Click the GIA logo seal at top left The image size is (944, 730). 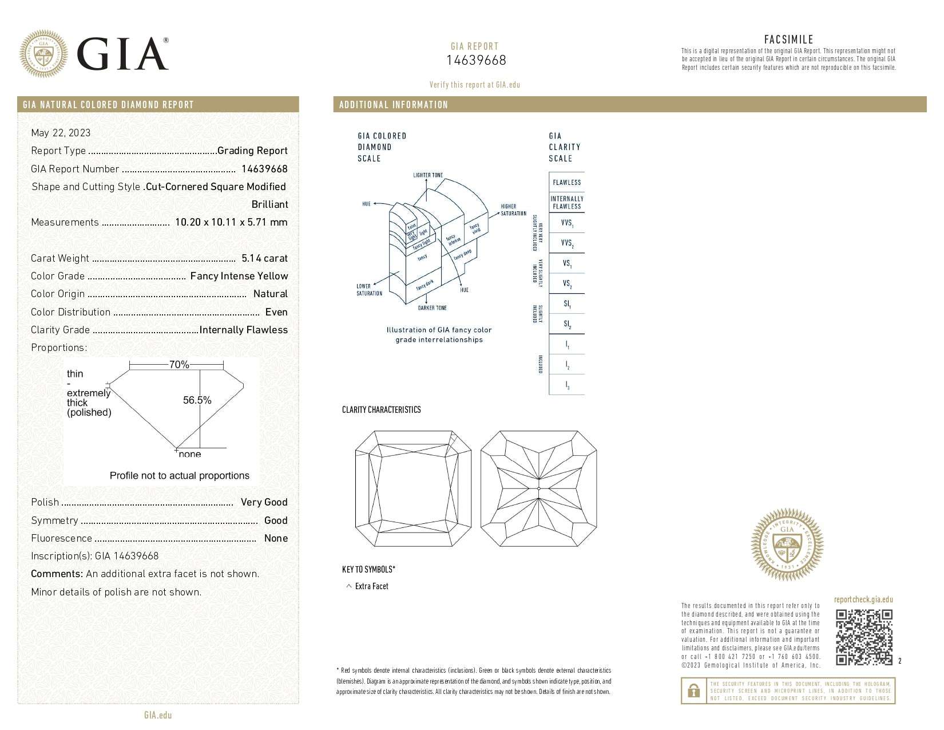point(43,54)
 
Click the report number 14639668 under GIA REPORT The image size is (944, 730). point(476,61)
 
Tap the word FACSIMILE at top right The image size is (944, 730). point(788,40)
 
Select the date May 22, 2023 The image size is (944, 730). point(61,133)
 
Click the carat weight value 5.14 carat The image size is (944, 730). point(264,258)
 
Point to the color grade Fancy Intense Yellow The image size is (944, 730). point(239,276)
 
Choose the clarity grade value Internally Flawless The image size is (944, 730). point(243,330)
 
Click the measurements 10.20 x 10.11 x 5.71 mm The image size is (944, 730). point(231,222)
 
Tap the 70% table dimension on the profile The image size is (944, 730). point(179,365)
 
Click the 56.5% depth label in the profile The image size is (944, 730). point(197,400)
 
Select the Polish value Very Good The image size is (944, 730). point(264,502)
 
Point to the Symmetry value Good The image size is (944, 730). point(276,520)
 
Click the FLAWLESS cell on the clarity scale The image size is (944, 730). point(566,182)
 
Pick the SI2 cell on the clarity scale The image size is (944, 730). point(566,324)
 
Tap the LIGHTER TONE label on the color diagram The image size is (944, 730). point(428,175)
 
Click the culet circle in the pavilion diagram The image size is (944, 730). point(539,488)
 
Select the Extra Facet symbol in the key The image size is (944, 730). point(349,586)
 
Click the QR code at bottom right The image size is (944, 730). point(864,637)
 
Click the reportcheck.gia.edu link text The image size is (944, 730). point(863,599)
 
